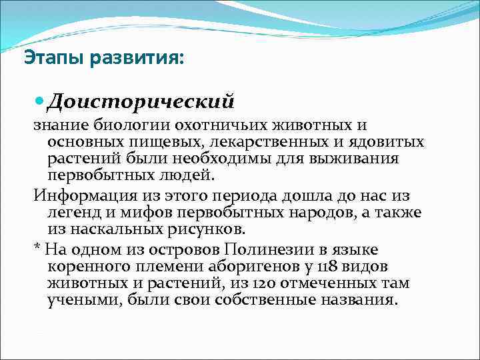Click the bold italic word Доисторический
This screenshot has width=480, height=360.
[x=141, y=101]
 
